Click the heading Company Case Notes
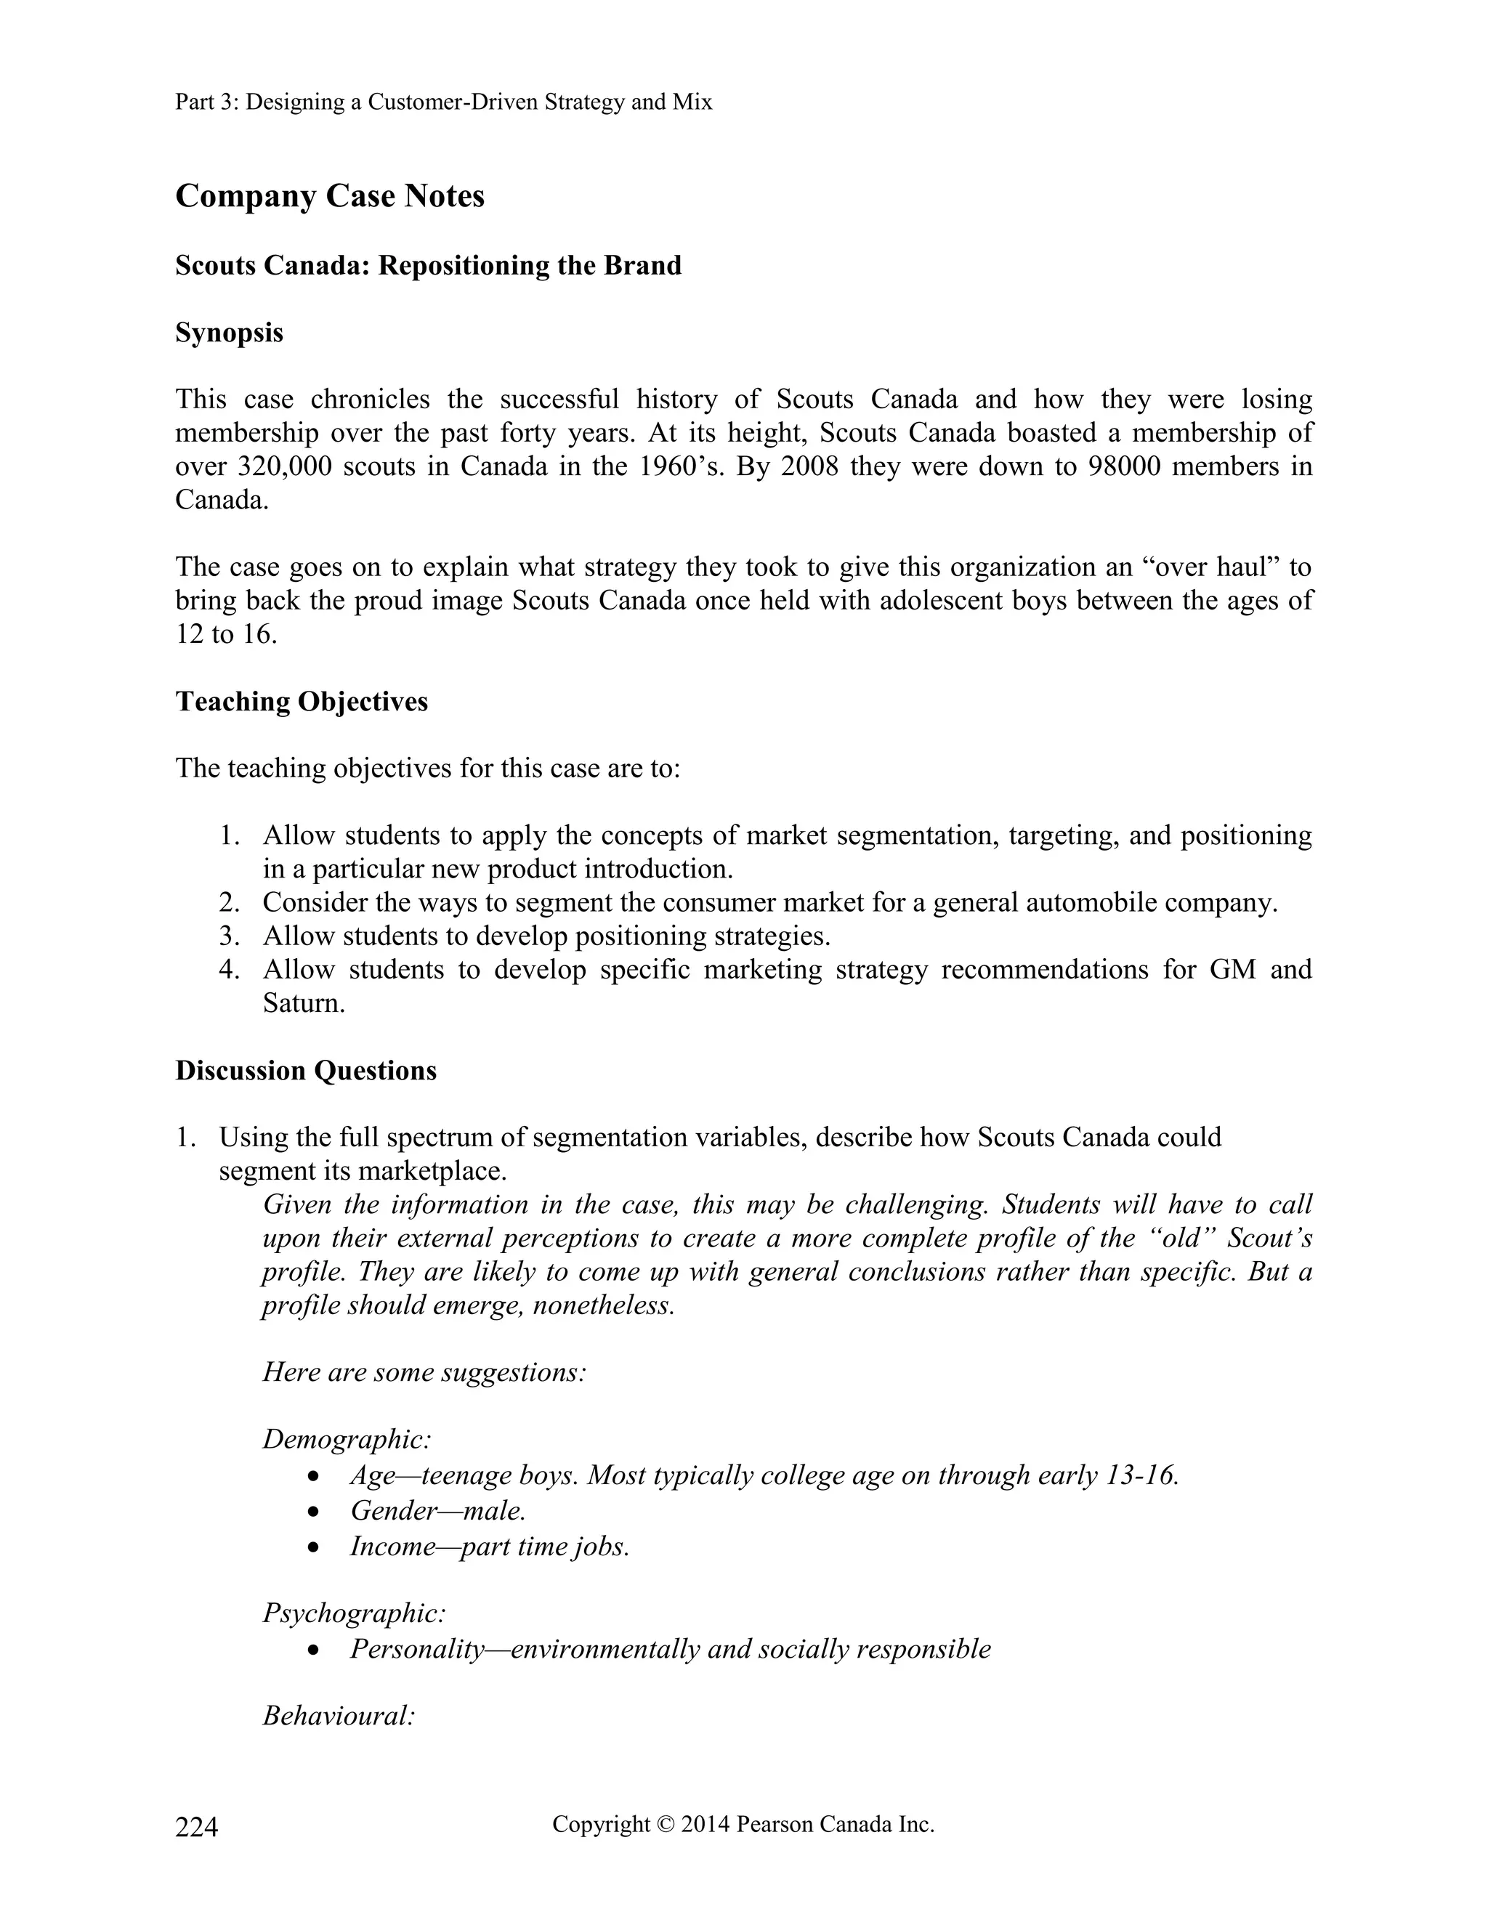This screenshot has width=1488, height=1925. coord(330,195)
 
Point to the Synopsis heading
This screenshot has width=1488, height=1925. coord(229,333)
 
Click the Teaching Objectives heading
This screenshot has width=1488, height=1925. coord(302,702)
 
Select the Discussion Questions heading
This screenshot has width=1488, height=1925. coord(306,1071)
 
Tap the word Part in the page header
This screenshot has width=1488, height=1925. coord(193,102)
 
